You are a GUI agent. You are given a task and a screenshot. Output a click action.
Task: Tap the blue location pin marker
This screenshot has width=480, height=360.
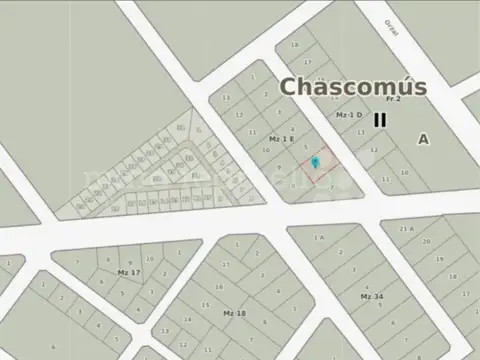[x=316, y=161]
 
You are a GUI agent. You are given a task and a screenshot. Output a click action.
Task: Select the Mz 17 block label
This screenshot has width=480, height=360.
[x=129, y=272]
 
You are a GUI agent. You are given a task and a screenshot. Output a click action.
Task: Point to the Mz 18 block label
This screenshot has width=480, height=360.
[x=235, y=313]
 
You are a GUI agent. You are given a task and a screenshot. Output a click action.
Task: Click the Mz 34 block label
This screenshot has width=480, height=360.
[x=372, y=297]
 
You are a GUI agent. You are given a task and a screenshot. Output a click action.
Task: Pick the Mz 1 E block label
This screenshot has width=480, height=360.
[x=281, y=139]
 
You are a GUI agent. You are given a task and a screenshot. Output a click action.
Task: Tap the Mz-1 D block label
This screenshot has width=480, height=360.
[x=348, y=115]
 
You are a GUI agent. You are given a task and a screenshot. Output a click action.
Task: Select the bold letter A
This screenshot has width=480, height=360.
[x=424, y=140]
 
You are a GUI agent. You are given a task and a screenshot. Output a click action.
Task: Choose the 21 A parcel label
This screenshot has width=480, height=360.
[x=406, y=229]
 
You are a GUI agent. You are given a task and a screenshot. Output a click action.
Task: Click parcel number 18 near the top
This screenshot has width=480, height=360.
[x=294, y=45]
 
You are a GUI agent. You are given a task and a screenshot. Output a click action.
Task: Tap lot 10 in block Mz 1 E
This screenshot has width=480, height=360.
[x=265, y=151]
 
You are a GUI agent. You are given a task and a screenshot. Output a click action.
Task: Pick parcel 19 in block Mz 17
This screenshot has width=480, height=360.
[x=122, y=260]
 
